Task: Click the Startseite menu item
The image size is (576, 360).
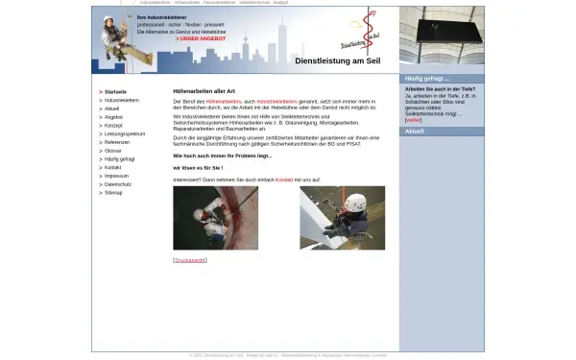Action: coord(115,91)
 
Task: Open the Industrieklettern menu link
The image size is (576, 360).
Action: coord(122,100)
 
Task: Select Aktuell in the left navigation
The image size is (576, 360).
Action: coord(112,108)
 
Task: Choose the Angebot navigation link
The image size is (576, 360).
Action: coord(113,117)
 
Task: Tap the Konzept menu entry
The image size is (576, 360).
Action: coord(113,126)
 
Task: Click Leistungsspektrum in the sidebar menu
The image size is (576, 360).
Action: coord(125,134)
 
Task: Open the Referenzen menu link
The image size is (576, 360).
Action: coord(117,142)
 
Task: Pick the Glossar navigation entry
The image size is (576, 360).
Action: coord(113,151)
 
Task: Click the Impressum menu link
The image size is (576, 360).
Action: coord(116,176)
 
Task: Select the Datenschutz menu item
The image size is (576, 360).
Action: coord(118,184)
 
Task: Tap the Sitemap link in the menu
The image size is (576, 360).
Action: coord(113,193)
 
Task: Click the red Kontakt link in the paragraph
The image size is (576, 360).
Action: coord(284,180)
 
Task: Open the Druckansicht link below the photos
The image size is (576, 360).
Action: coord(190,260)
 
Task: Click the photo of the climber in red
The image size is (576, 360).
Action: coord(215,218)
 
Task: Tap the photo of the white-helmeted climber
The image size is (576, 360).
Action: coord(342,218)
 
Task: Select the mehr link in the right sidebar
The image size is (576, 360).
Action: coord(414,120)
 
